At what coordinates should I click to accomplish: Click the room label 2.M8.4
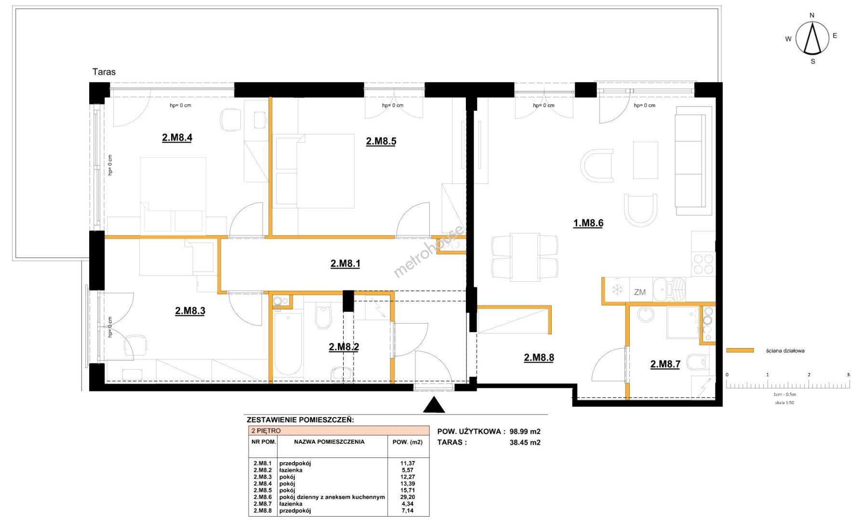click(x=177, y=138)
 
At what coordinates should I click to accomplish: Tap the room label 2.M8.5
click(x=381, y=141)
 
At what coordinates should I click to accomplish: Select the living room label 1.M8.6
click(x=588, y=223)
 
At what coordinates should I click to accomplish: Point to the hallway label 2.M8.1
click(x=345, y=264)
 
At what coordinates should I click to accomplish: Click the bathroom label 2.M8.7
click(x=665, y=364)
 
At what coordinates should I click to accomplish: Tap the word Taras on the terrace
click(x=104, y=72)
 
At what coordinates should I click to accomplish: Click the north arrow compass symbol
click(x=813, y=39)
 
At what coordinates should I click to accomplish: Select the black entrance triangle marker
click(x=434, y=405)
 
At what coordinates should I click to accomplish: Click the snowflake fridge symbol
click(x=617, y=290)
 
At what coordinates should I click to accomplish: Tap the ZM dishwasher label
click(x=640, y=292)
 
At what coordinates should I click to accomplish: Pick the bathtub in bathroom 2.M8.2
click(x=288, y=344)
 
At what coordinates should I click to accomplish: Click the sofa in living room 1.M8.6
click(x=694, y=161)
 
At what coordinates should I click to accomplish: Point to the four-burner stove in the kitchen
click(x=703, y=265)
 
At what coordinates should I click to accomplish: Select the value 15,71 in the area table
click(x=407, y=490)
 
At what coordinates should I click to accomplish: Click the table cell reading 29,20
click(x=407, y=497)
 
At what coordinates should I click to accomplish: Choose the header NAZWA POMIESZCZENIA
click(x=329, y=442)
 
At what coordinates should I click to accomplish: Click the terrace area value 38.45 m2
click(x=525, y=442)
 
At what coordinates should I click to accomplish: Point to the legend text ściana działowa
click(x=785, y=351)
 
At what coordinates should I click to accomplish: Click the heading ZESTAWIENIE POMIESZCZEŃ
click(x=300, y=420)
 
